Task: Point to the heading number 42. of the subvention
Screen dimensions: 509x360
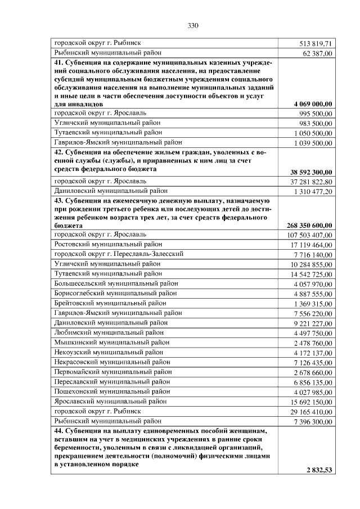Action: click(59, 152)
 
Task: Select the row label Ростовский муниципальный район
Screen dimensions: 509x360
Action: click(108, 244)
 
